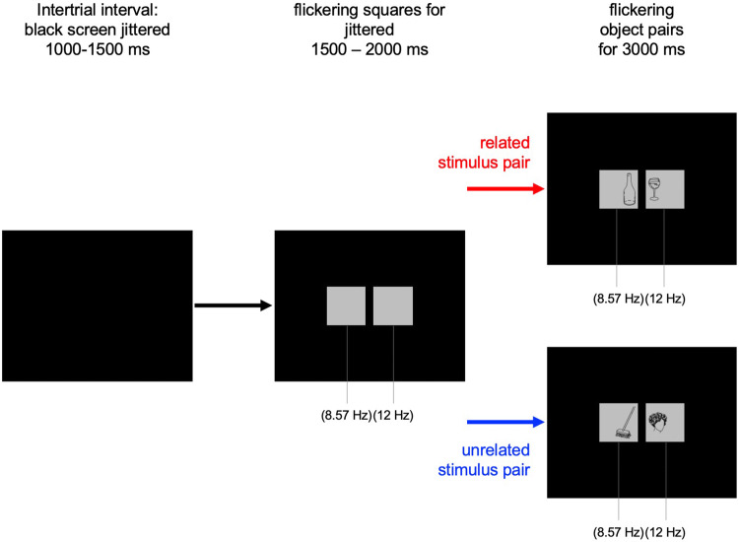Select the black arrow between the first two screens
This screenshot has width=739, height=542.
pyautogui.click(x=233, y=305)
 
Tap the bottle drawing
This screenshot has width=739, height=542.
pyautogui.click(x=619, y=189)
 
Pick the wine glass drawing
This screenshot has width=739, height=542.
pyautogui.click(x=664, y=188)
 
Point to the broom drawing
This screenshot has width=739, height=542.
pyautogui.click(x=619, y=425)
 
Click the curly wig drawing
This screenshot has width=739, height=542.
pyautogui.click(x=664, y=424)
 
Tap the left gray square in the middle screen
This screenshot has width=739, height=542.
pyautogui.click(x=347, y=305)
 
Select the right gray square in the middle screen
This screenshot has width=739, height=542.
pyautogui.click(x=392, y=305)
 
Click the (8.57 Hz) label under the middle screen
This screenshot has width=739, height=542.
pyautogui.click(x=345, y=415)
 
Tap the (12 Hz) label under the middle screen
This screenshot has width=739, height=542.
pyautogui.click(x=394, y=415)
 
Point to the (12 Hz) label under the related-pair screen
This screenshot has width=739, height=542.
pyautogui.click(x=668, y=298)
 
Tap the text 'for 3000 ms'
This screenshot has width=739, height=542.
pyautogui.click(x=642, y=47)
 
